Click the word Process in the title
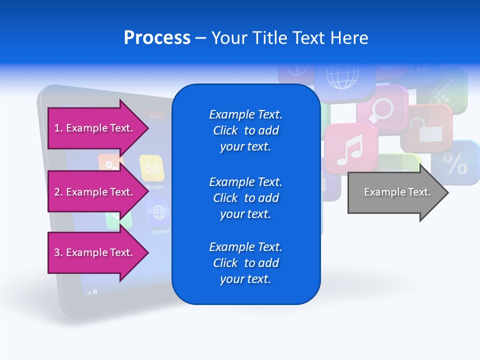point(157,38)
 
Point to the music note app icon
point(349,148)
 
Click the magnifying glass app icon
point(382,110)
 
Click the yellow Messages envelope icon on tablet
point(152,167)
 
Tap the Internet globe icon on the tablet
point(159,213)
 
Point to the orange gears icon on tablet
point(110,163)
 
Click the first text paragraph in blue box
point(245,130)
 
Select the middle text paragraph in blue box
point(245,198)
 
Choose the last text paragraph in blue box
point(245,263)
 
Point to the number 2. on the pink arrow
point(58,192)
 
